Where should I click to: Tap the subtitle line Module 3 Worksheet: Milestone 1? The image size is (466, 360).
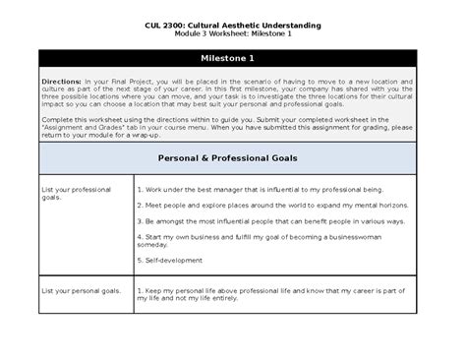232,33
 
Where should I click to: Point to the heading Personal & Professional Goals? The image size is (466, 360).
233,158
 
